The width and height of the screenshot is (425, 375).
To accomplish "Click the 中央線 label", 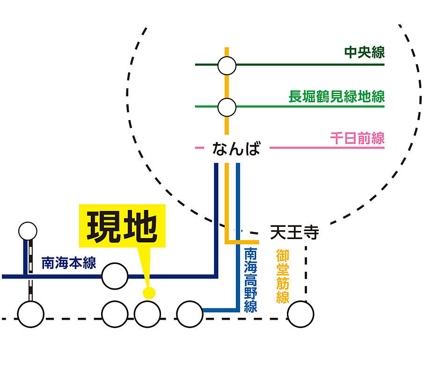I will (x=364, y=52).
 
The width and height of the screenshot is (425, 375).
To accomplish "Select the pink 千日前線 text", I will (x=357, y=138).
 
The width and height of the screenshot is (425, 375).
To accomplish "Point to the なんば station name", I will (x=235, y=149).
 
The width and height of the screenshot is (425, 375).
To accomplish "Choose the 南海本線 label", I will (x=68, y=263).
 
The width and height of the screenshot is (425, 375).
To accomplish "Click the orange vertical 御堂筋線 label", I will (x=282, y=276).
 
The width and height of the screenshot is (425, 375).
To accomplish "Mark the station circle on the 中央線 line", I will (x=227, y=66).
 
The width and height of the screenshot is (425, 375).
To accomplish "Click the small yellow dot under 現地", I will (x=149, y=293).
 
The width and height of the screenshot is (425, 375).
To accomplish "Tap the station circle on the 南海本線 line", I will (x=115, y=276).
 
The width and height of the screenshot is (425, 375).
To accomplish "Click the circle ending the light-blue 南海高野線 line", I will (x=190, y=314).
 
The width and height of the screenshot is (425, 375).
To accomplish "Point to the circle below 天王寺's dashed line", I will (x=300, y=314).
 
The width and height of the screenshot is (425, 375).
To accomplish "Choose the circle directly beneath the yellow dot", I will (x=147, y=314).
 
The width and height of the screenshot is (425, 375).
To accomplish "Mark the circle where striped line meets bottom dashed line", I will (x=30, y=314).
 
